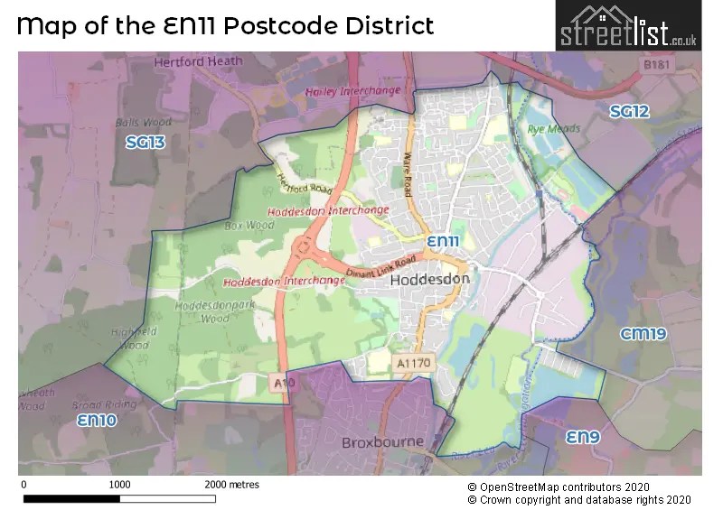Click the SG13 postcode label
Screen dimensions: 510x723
click(x=146, y=142)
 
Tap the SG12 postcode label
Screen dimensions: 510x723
click(x=629, y=112)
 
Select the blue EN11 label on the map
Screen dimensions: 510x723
click(x=444, y=242)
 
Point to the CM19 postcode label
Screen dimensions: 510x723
click(x=643, y=334)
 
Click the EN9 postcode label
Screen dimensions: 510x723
click(x=584, y=437)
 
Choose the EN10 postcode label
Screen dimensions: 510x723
click(x=97, y=421)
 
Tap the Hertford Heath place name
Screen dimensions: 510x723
click(x=199, y=61)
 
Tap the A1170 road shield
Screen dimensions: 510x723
click(x=415, y=362)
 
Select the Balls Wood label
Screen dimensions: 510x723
click(x=143, y=122)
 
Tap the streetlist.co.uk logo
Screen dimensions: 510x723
click(x=628, y=26)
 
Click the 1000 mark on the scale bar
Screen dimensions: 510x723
click(x=119, y=485)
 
